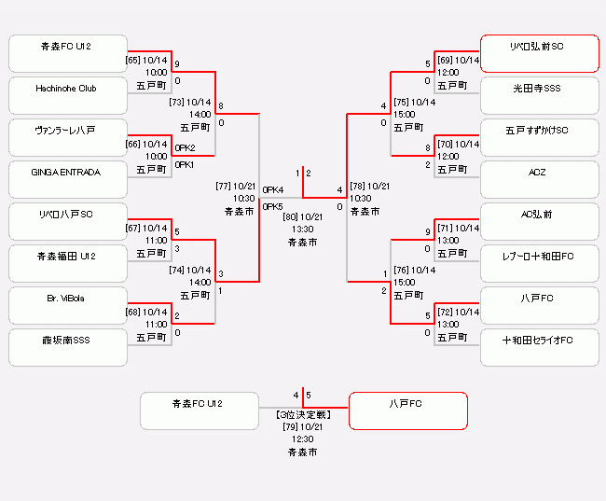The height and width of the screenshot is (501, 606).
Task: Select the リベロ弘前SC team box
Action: coord(539,53)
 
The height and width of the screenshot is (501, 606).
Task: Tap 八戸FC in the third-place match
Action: coord(407,411)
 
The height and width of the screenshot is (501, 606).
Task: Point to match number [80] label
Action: coord(291,216)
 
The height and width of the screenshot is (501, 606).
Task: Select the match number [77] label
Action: coord(224,186)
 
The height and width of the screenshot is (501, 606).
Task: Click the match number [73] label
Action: coord(177,102)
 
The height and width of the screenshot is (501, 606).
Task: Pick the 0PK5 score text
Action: coord(273,206)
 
